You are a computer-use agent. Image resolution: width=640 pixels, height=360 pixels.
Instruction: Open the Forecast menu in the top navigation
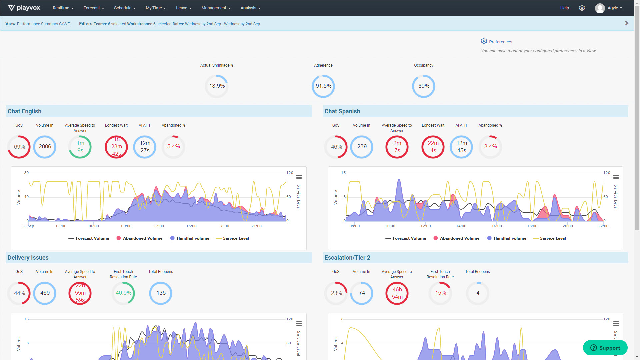pyautogui.click(x=93, y=8)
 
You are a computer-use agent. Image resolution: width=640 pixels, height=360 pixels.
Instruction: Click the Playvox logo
pyautogui.click(x=24, y=8)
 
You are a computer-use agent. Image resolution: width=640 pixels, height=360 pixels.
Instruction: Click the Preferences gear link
pyautogui.click(x=496, y=42)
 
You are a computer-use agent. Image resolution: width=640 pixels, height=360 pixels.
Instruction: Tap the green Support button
pyautogui.click(x=605, y=348)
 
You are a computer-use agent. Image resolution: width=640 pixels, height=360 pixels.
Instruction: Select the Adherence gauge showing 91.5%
pyautogui.click(x=323, y=86)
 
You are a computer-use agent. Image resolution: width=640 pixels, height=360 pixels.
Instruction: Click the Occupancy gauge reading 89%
pyautogui.click(x=423, y=86)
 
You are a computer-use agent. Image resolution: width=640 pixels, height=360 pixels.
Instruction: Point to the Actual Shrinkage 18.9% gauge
pyautogui.click(x=217, y=86)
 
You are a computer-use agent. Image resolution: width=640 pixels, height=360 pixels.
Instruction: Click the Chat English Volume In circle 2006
pyautogui.click(x=45, y=147)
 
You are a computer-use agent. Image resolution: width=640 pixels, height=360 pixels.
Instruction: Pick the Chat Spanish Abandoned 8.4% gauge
pyautogui.click(x=490, y=147)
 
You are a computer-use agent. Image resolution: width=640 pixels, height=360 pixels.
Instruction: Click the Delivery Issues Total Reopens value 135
pyautogui.click(x=161, y=293)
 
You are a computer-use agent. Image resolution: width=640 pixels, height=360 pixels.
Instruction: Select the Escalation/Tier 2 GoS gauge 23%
pyautogui.click(x=336, y=293)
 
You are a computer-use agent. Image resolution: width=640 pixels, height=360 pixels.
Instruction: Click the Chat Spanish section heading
pyautogui.click(x=342, y=111)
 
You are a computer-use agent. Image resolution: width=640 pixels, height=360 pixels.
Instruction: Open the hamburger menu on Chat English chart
pyautogui.click(x=299, y=177)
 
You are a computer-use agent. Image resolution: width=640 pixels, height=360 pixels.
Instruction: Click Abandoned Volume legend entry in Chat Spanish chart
pyautogui.click(x=456, y=238)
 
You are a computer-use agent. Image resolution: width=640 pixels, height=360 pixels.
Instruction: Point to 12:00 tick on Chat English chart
pyautogui.click(x=159, y=226)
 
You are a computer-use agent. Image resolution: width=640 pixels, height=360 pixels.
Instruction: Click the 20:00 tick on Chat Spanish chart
pyautogui.click(x=568, y=226)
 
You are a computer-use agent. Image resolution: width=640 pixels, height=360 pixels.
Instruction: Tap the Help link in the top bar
pyautogui.click(x=564, y=8)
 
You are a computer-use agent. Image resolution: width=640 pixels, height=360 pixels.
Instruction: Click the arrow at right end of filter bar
pyautogui.click(x=626, y=23)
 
